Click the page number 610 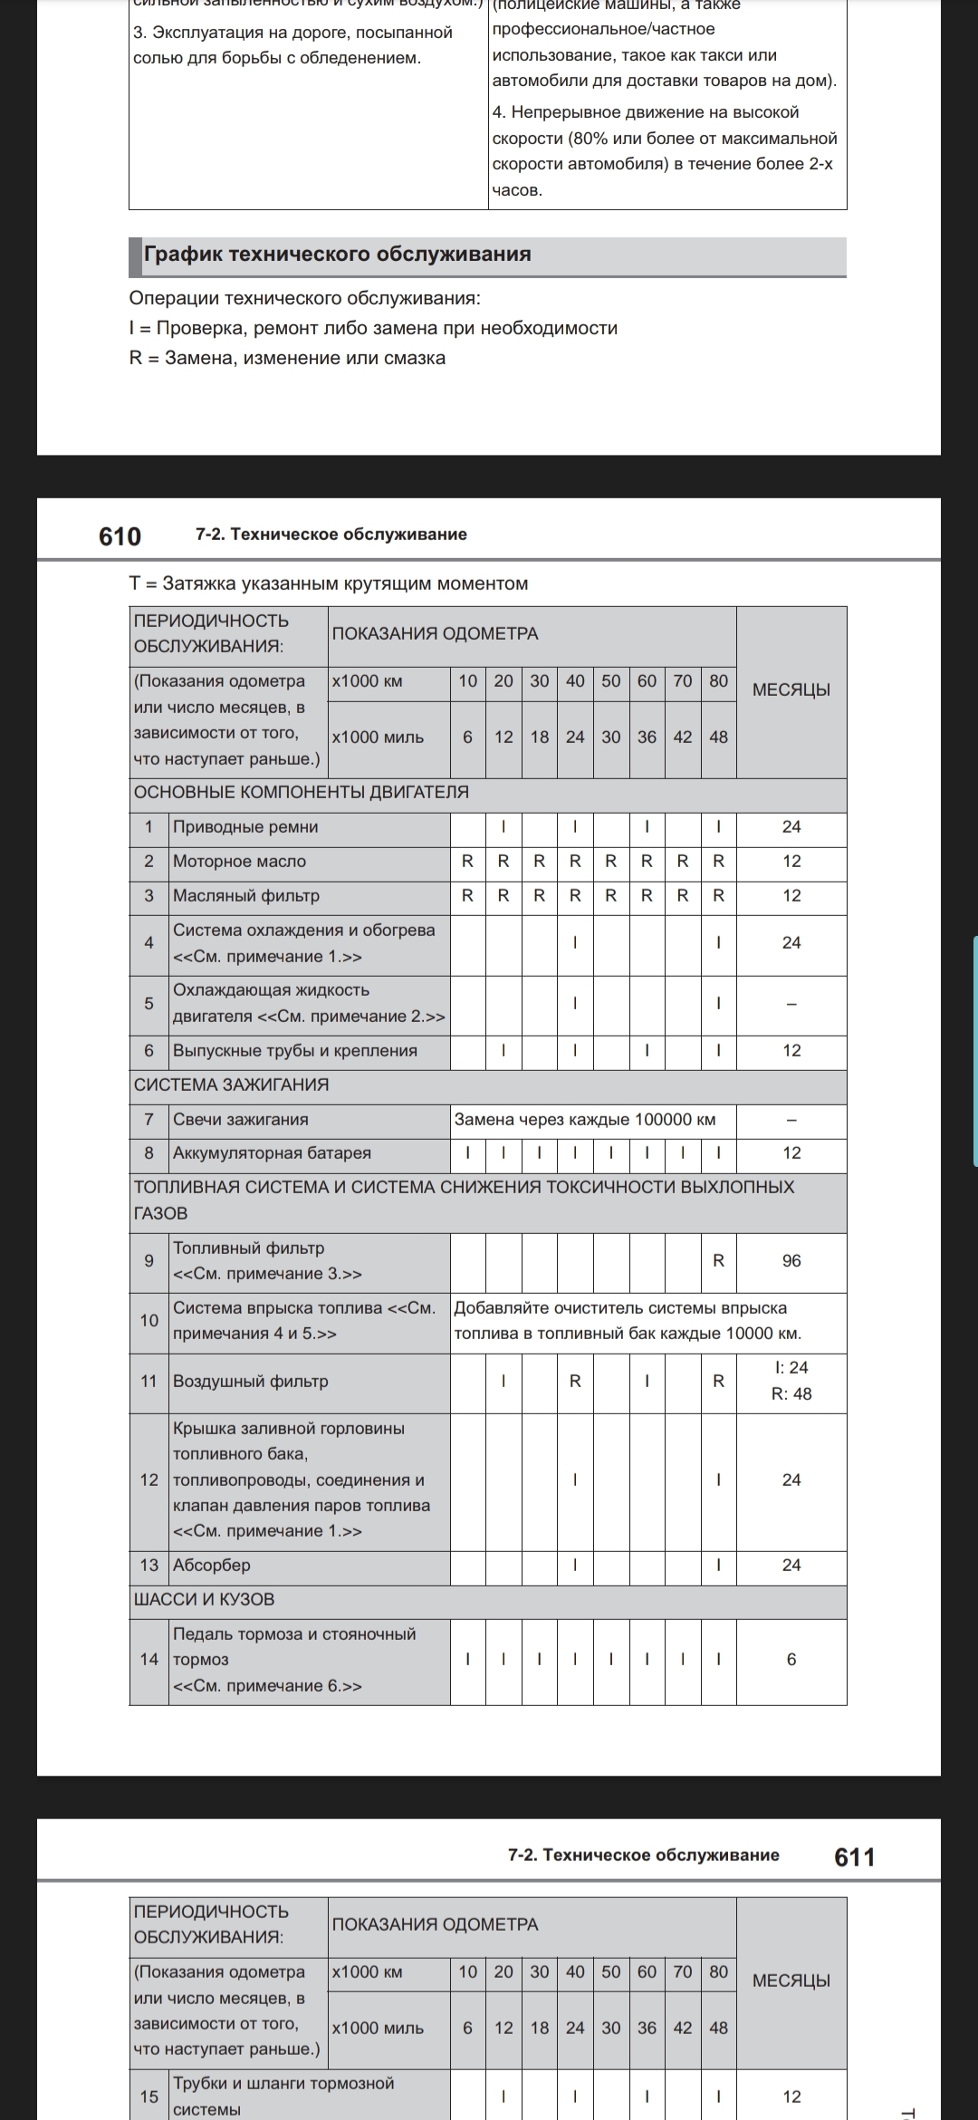(120, 536)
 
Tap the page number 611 (854, 1856)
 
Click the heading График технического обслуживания (338, 254)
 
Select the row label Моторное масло (239, 861)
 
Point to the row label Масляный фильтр (246, 895)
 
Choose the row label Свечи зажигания (241, 1119)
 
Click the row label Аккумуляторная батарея (272, 1152)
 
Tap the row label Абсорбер (212, 1565)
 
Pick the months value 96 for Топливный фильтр (791, 1260)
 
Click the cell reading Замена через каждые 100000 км (585, 1119)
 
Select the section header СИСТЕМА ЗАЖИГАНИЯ (231, 1084)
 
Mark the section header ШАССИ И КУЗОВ (204, 1599)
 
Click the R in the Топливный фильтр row (718, 1260)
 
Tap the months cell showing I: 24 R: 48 (791, 1381)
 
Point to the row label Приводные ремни (245, 826)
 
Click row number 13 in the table (149, 1565)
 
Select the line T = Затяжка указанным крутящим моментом (329, 583)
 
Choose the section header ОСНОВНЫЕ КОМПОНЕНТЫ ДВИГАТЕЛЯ (301, 792)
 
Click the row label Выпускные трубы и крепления (295, 1050)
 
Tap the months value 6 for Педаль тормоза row (791, 1659)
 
